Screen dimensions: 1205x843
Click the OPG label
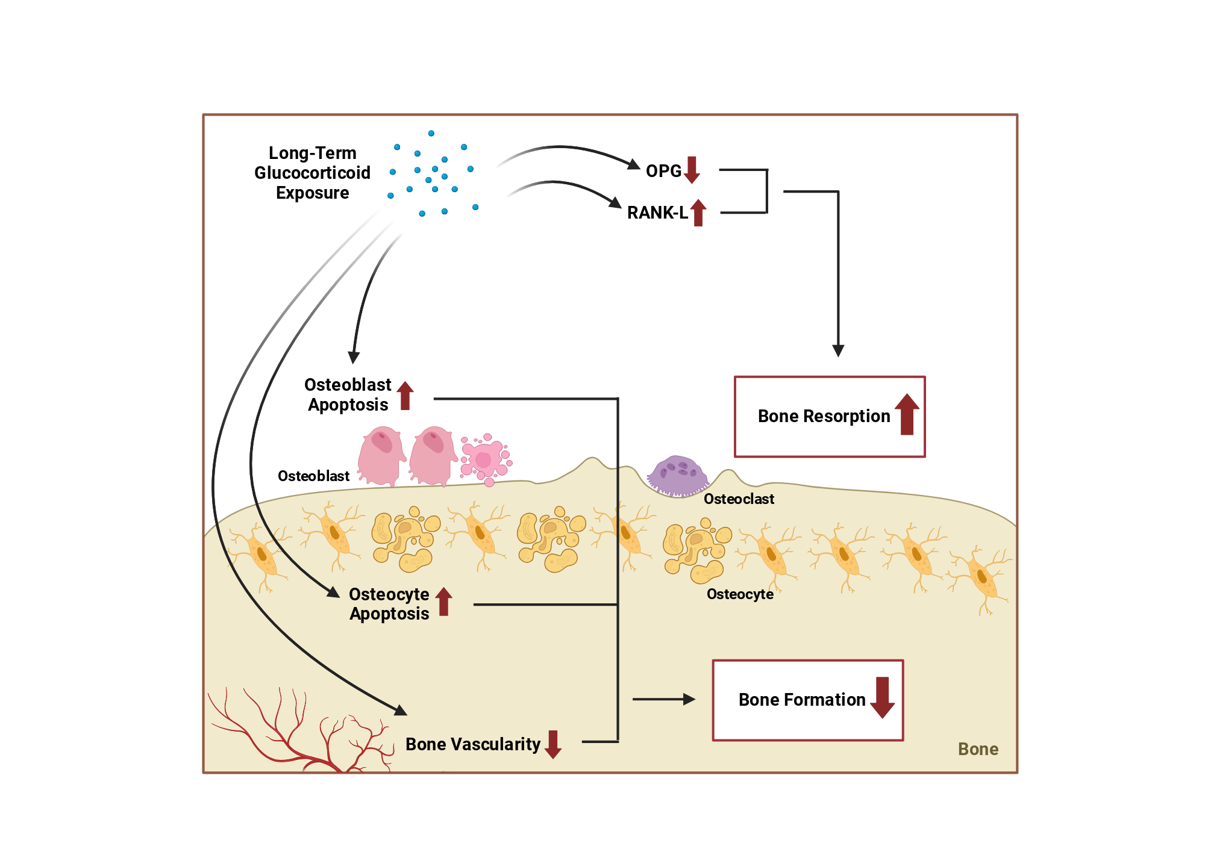point(663,171)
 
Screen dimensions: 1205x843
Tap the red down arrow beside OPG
point(692,170)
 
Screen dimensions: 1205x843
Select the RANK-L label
point(657,213)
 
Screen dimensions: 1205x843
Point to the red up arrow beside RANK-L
point(698,213)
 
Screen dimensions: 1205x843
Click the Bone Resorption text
point(824,416)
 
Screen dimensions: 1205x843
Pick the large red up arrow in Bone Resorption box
point(907,414)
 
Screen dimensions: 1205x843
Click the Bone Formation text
point(802,700)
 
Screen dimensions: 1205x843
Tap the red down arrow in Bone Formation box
point(883,697)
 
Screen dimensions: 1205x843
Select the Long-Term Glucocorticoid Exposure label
point(312,173)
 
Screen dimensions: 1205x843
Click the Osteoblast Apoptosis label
point(348,394)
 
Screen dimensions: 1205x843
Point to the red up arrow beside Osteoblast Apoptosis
point(405,396)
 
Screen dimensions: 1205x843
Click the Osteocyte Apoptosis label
point(389,604)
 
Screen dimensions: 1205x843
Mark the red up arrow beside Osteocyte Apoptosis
point(444,602)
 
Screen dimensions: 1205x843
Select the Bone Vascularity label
point(473,744)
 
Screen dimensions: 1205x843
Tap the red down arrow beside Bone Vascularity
point(553,744)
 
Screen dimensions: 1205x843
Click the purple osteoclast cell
point(678,476)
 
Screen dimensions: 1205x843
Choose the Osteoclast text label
point(739,499)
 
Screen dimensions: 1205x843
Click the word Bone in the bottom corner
point(978,749)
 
